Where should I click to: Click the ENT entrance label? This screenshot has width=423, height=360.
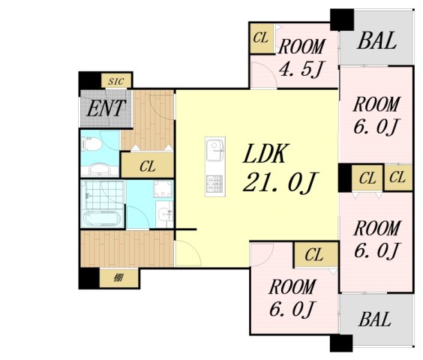tap(106, 108)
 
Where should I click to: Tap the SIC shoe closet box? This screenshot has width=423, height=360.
tap(116, 81)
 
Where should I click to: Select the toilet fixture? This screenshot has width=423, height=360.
tap(91, 143)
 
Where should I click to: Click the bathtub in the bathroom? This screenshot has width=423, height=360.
tap(101, 218)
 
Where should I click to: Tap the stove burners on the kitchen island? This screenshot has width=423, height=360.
tap(214, 184)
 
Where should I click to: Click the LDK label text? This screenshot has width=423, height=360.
tap(265, 154)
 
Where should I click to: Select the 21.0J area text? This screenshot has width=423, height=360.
tap(280, 183)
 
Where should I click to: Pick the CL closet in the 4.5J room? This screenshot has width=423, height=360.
tap(261, 38)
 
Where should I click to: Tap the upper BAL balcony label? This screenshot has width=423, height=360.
tap(376, 40)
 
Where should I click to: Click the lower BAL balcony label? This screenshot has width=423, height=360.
tap(375, 319)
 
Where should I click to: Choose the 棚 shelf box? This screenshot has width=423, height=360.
tap(119, 277)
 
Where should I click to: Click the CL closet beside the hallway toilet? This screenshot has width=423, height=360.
tap(147, 165)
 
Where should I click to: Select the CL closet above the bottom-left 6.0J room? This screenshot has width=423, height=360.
tap(316, 254)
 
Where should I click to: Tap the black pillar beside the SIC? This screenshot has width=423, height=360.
tap(90, 80)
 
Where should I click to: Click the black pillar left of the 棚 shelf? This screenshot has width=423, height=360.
tap(88, 278)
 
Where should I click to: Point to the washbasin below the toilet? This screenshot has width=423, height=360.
tap(99, 169)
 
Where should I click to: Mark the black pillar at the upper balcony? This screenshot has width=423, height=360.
tap(342, 19)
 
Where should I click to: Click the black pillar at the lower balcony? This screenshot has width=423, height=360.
tap(341, 343)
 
